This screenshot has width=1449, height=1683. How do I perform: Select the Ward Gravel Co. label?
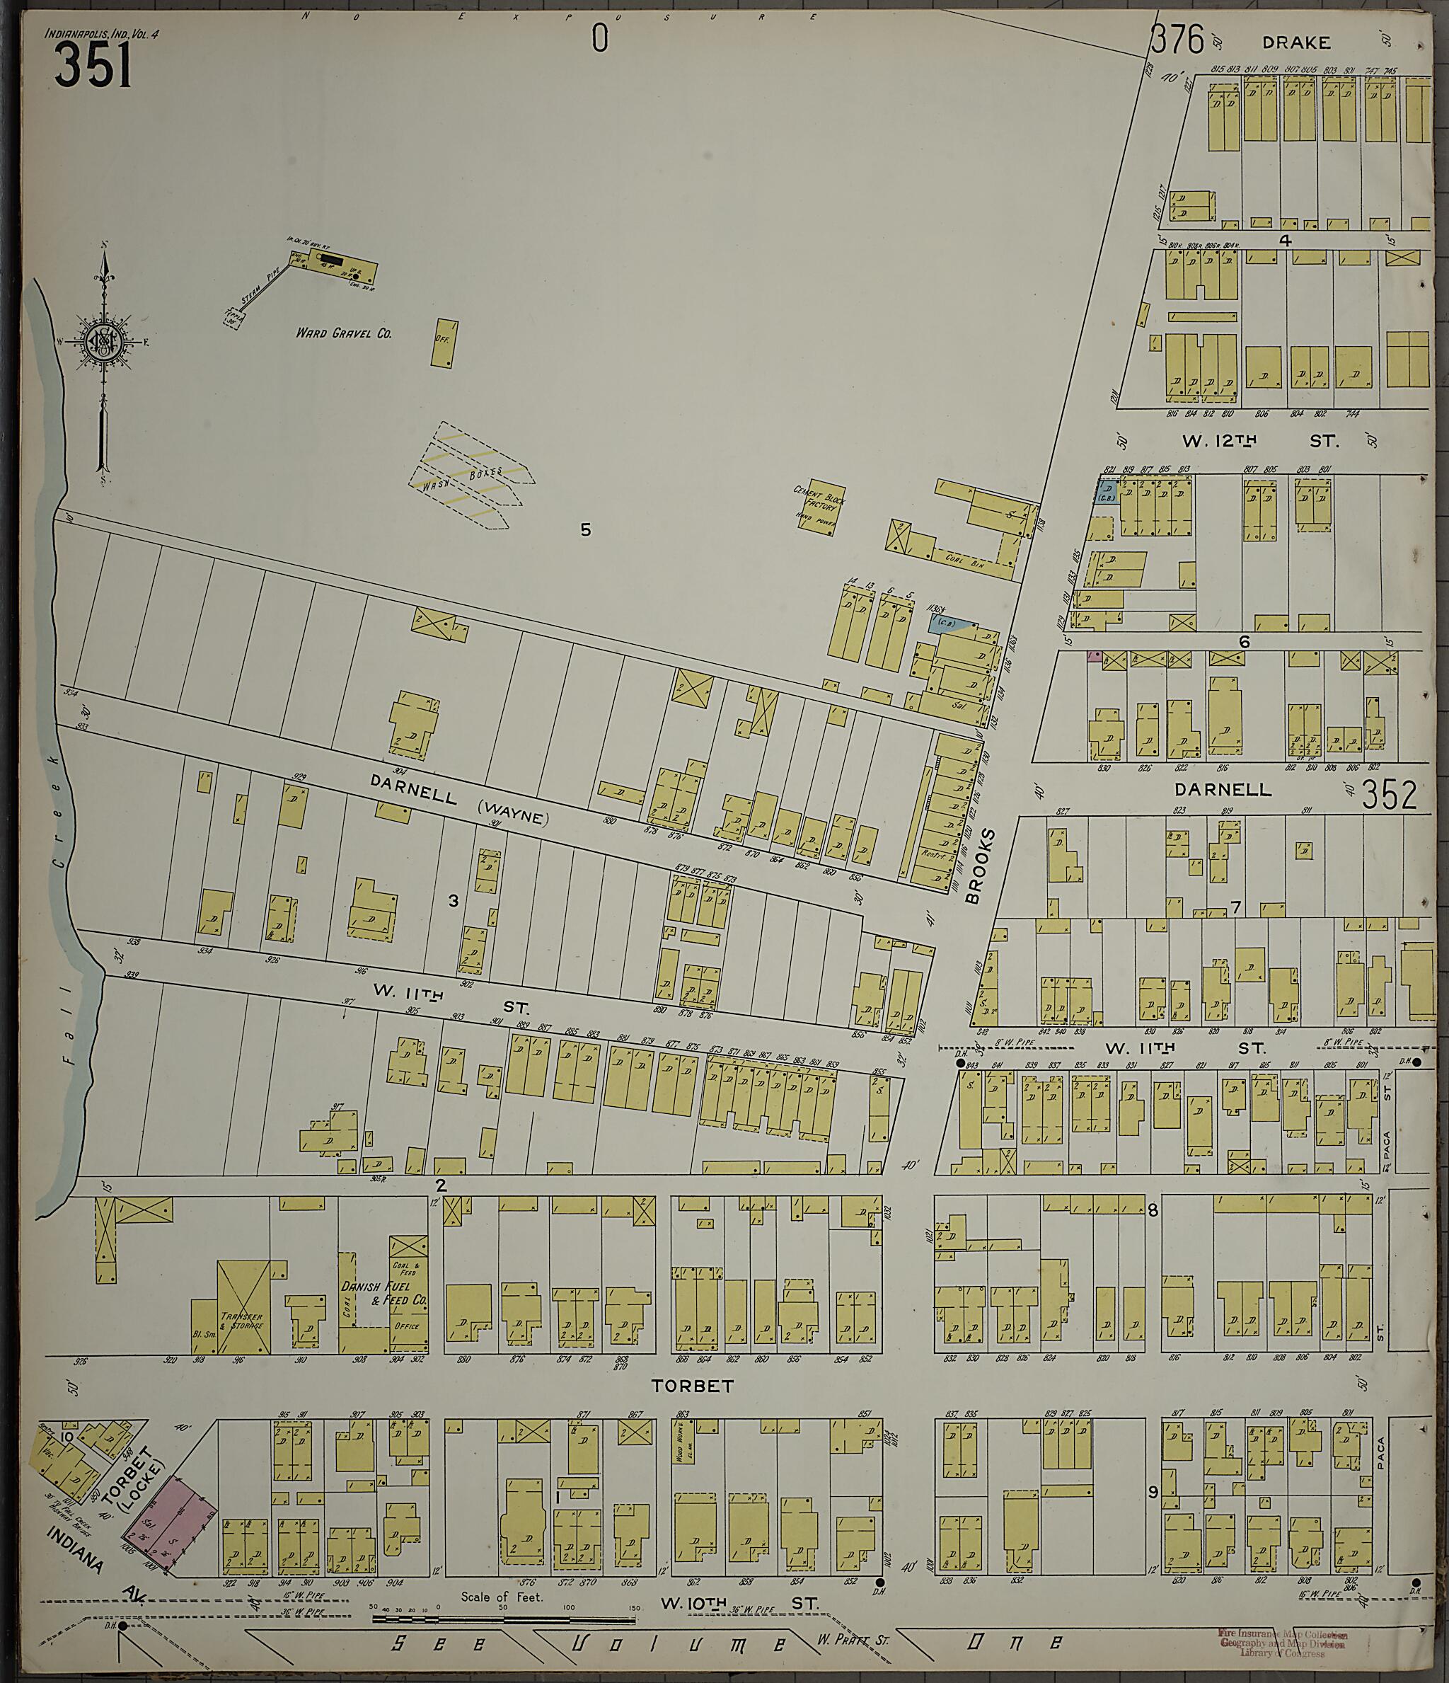coord(344,333)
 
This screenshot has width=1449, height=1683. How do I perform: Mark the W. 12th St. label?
coord(1259,442)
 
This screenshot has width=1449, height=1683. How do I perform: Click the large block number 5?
coord(586,530)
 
